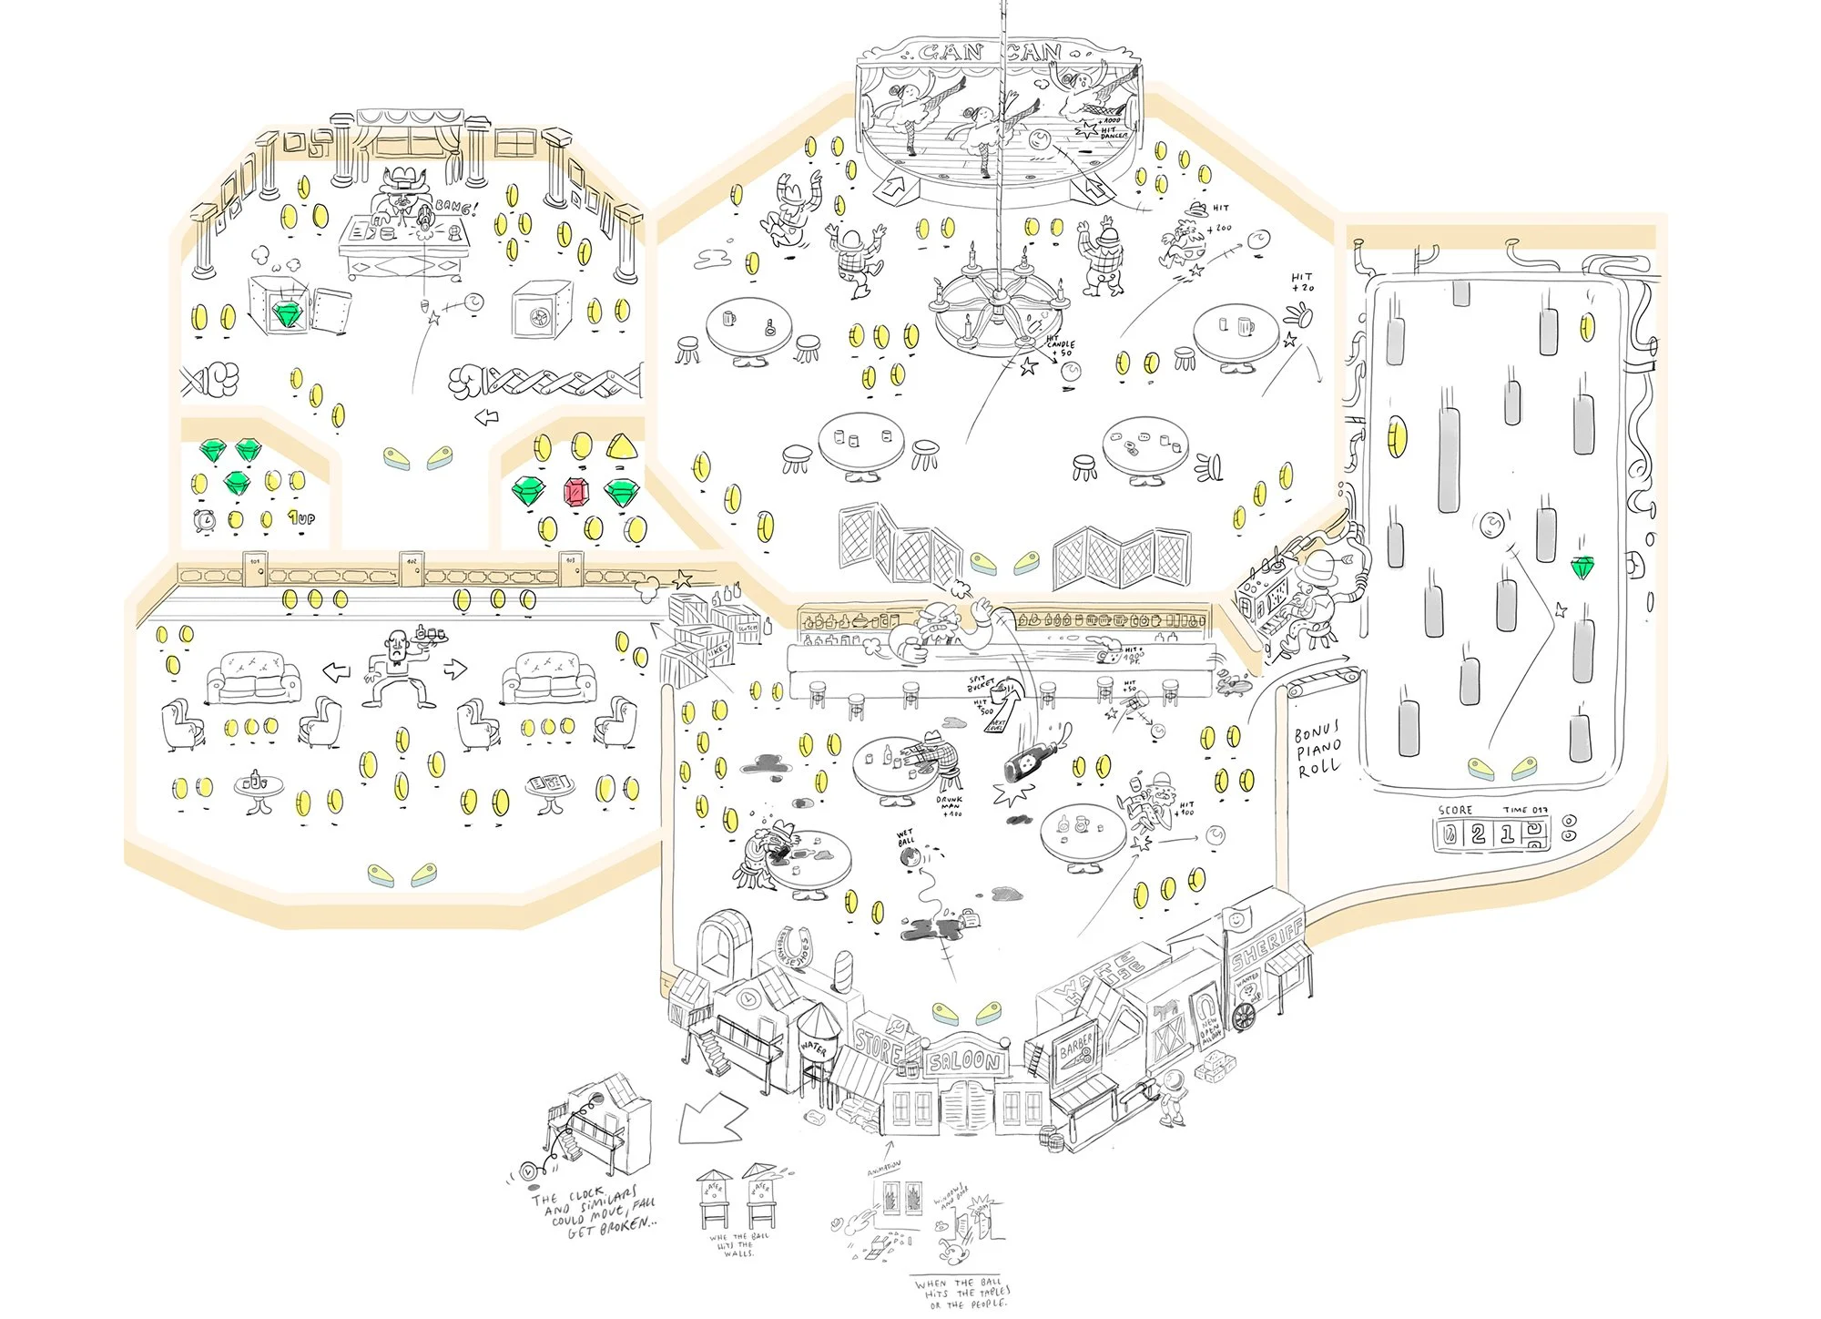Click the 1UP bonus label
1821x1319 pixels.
click(x=301, y=518)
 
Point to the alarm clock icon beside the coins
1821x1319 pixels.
click(x=206, y=520)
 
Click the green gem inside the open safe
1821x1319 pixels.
click(x=290, y=313)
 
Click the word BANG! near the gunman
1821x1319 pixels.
click(x=454, y=209)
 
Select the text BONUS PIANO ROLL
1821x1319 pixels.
click(x=1317, y=750)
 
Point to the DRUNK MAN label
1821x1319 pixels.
click(x=949, y=805)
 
